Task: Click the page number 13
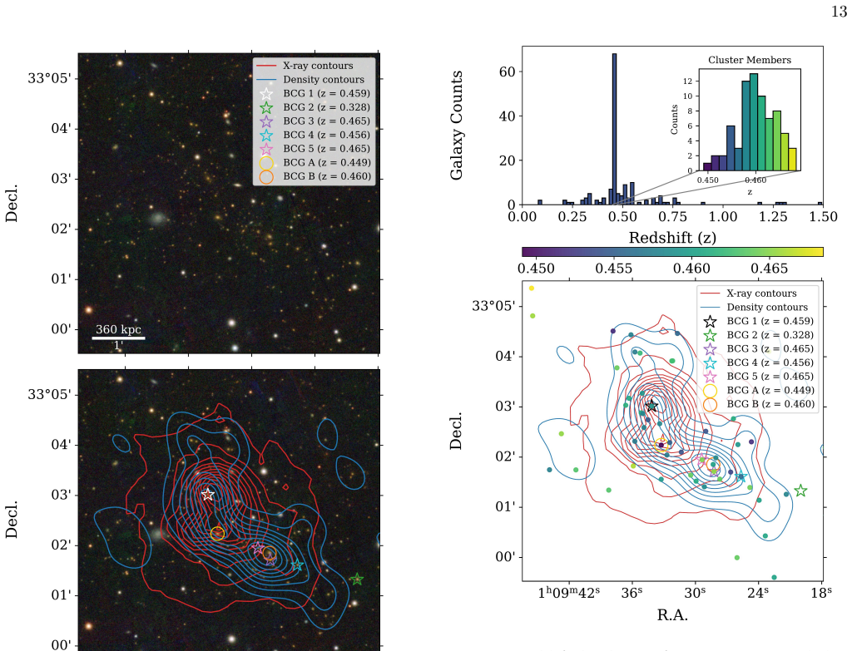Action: click(839, 12)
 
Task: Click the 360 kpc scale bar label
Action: click(118, 329)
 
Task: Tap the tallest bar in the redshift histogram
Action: click(615, 129)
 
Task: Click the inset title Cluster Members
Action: click(750, 60)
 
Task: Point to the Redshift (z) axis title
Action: click(672, 238)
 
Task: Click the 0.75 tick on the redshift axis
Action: click(672, 217)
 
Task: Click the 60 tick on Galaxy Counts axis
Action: click(507, 72)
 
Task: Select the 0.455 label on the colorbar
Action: click(613, 269)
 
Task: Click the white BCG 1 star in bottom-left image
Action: click(207, 495)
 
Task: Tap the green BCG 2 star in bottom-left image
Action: click(356, 579)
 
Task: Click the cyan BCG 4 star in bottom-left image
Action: click(297, 565)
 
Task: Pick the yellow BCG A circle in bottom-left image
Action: click(217, 534)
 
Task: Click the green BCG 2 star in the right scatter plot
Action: click(800, 491)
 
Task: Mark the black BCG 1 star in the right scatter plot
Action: click(651, 406)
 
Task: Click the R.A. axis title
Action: click(672, 614)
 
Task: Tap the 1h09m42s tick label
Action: click(569, 592)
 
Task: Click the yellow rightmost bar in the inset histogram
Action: click(792, 160)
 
